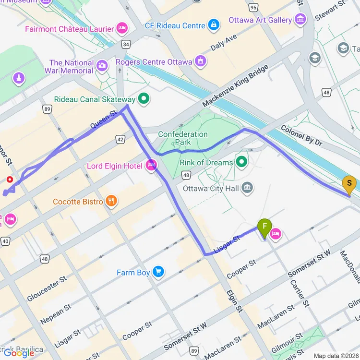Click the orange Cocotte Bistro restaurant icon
(x=111, y=201)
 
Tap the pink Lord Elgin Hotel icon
(x=151, y=166)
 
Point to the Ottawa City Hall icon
(x=247, y=188)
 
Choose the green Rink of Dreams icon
(x=241, y=162)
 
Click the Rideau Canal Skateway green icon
(x=143, y=99)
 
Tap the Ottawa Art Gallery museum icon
(x=301, y=20)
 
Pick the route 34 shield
(x=126, y=44)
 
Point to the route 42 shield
(x=120, y=139)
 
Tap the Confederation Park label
(x=183, y=138)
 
